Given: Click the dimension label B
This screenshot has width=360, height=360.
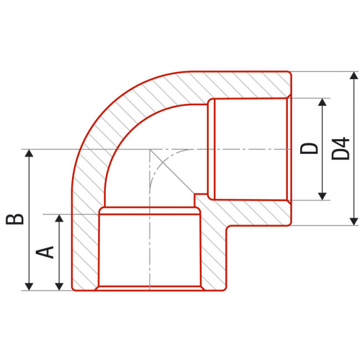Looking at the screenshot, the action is coord(15,219).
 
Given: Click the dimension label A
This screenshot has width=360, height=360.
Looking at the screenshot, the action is coord(45,252).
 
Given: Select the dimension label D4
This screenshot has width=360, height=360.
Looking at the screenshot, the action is coord(341,148).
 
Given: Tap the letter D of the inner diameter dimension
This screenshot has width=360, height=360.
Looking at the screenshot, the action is coord(309,148).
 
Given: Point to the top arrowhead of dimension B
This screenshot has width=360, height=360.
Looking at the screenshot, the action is coord(29,153).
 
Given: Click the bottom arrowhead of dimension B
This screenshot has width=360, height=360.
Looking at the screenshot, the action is coord(29,287).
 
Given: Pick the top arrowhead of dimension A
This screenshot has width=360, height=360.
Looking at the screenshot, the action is coord(59,218).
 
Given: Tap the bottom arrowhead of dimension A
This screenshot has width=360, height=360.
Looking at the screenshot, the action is coord(59,287).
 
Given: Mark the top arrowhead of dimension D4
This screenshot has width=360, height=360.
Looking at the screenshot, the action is coord(354,75).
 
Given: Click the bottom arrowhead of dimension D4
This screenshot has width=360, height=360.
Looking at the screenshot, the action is coord(354,222).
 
